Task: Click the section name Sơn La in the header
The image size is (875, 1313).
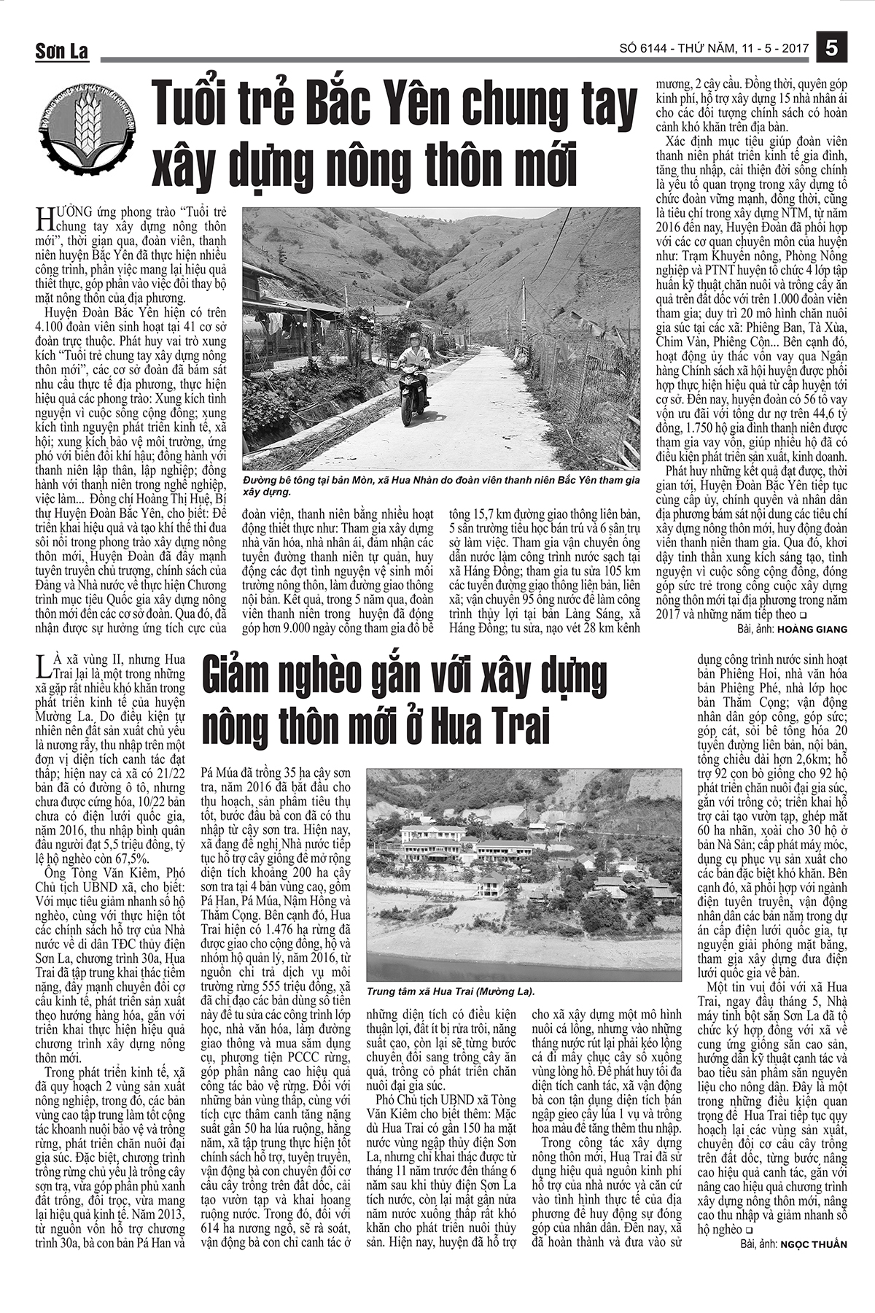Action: (62, 52)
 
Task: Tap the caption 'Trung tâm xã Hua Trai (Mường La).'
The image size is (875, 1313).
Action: (451, 992)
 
